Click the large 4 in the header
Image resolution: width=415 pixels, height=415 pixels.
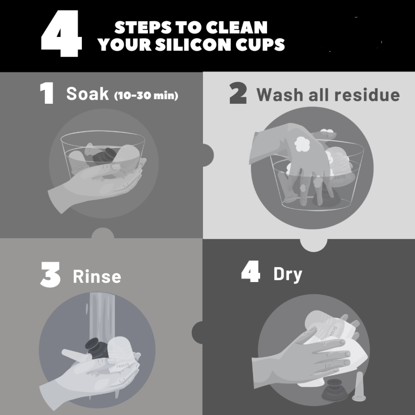(x=62, y=34)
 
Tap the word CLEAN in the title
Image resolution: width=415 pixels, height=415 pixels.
(x=237, y=27)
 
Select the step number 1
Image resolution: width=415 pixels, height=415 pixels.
(x=47, y=93)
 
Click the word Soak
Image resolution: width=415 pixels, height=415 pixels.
(x=88, y=94)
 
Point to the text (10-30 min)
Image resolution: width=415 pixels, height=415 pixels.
(x=146, y=95)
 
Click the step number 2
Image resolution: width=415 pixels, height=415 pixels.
(x=238, y=93)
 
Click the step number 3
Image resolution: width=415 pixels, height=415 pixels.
(x=50, y=275)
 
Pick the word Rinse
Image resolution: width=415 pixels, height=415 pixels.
(x=97, y=276)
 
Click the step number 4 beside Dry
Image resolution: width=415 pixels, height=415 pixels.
(x=250, y=272)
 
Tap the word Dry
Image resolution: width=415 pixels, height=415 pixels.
(x=288, y=275)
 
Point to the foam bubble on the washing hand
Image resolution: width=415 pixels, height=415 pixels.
(x=302, y=144)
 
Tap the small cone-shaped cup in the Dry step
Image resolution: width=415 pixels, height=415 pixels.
(x=359, y=387)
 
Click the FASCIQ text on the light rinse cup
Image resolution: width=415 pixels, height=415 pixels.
(x=123, y=366)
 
